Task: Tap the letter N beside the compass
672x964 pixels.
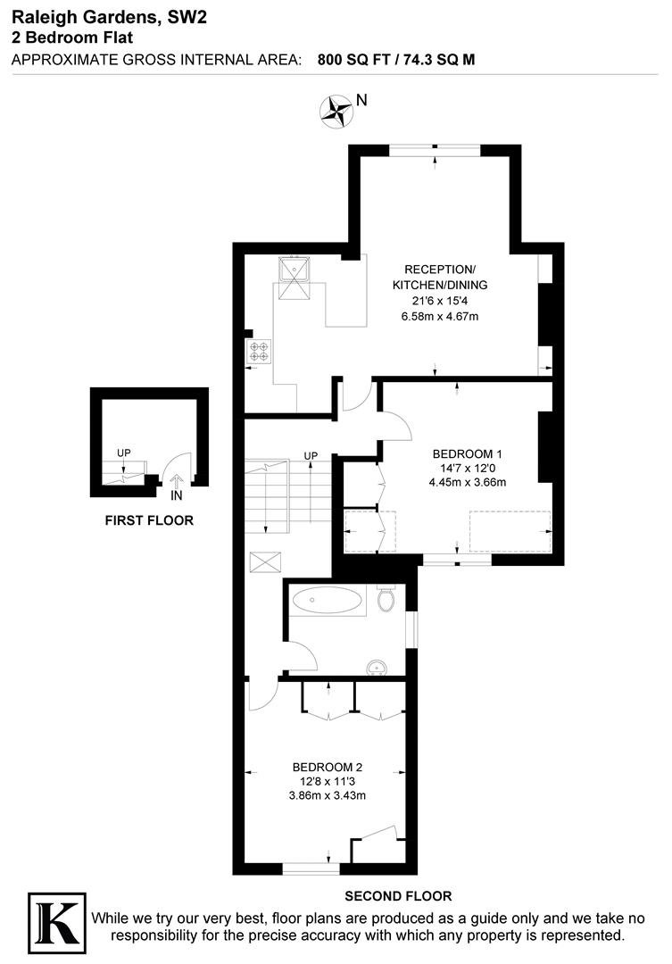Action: coord(361,101)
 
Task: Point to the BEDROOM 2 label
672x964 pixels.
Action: coord(328,767)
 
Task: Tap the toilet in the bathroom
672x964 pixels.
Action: coord(386,599)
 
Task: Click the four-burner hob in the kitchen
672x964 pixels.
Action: coord(260,352)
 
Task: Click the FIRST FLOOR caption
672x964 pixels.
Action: coord(149,520)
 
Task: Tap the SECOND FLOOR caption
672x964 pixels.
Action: coord(397,896)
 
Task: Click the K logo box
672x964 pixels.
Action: coord(57,920)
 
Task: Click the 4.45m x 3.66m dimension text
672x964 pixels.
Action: coord(467,483)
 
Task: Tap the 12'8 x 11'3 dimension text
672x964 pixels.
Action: coord(328,781)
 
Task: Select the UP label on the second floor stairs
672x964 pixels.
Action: coord(311,456)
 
